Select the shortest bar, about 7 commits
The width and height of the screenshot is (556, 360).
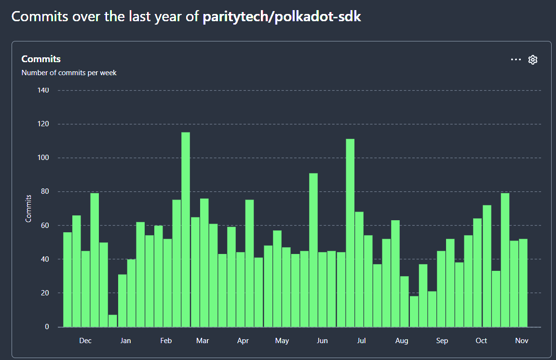(x=112, y=321)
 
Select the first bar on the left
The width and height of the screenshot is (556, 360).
(x=68, y=280)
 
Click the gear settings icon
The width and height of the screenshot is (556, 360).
(x=533, y=60)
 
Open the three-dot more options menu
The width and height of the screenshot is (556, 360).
(x=516, y=60)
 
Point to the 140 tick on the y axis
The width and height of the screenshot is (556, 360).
(x=43, y=90)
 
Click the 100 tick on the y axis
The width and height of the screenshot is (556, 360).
(x=43, y=158)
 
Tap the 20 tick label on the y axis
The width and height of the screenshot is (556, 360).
(x=45, y=293)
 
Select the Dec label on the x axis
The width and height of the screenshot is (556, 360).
(x=85, y=341)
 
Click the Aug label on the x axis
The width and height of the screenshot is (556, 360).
(x=402, y=341)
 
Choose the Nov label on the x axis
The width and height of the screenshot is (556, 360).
(x=522, y=341)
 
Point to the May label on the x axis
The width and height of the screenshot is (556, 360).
(x=282, y=341)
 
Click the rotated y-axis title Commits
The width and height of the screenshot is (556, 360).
(x=28, y=208)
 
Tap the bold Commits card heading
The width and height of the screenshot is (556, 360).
(x=41, y=59)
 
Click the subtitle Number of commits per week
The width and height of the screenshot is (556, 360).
(x=69, y=73)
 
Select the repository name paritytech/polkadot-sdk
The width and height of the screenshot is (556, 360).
(x=282, y=17)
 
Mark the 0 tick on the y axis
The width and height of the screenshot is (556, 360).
(x=47, y=327)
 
